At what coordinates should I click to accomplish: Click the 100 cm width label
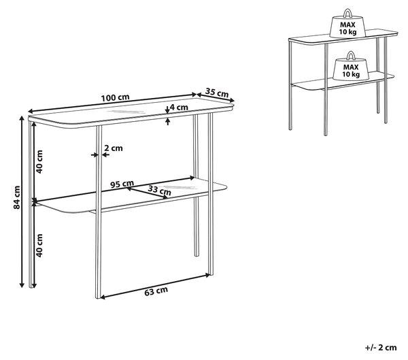tap(115, 98)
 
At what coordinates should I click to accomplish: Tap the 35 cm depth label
tap(217, 93)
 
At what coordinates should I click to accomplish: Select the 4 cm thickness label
tap(179, 107)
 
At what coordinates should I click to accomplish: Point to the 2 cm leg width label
tap(114, 148)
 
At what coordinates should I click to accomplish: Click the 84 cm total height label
tap(17, 197)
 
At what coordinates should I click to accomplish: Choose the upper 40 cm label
tap(39, 162)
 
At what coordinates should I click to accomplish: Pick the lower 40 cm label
tap(39, 246)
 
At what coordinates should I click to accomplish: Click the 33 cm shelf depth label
tap(160, 191)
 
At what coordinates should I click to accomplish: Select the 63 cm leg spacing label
tap(156, 291)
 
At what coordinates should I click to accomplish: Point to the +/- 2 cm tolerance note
tap(381, 348)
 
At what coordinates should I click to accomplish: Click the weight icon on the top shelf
tap(347, 24)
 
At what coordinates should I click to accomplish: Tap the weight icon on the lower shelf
tap(351, 66)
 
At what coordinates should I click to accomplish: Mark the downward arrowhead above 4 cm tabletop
tap(167, 111)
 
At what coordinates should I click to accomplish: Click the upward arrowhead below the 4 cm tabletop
tap(168, 120)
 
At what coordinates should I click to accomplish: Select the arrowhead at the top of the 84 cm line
tap(22, 118)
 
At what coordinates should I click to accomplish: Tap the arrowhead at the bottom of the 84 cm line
tap(22, 285)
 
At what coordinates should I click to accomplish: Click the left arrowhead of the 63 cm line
tap(102, 297)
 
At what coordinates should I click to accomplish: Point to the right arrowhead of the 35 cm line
tap(232, 100)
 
